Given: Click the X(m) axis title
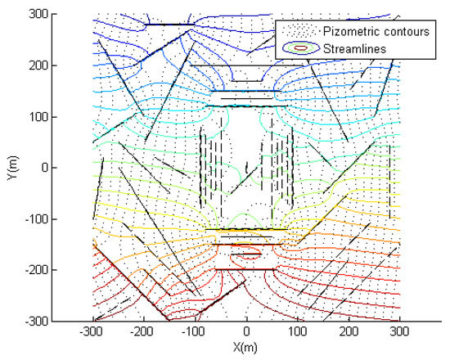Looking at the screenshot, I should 247,348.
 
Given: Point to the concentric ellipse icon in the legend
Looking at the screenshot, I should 300,48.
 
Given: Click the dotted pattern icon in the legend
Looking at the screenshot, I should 300,34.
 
